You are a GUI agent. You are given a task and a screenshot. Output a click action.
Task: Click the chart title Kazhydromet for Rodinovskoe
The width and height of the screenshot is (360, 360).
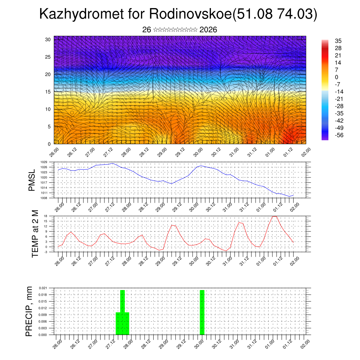(178, 14)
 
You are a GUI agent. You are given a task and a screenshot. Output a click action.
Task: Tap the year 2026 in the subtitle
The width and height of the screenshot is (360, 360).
(208, 30)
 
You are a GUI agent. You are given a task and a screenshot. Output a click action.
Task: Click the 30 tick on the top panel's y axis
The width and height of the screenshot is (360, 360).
(48, 39)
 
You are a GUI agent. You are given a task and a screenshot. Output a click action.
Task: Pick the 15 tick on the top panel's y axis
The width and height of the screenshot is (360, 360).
(48, 92)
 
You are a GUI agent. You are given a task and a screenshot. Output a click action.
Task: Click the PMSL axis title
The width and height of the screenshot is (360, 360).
(32, 180)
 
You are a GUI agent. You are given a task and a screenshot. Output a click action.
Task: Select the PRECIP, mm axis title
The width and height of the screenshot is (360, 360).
(30, 311)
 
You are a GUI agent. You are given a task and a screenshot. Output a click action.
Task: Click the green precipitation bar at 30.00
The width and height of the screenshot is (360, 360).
(202, 312)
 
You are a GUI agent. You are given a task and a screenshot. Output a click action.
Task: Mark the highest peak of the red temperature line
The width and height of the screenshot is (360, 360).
(275, 216)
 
